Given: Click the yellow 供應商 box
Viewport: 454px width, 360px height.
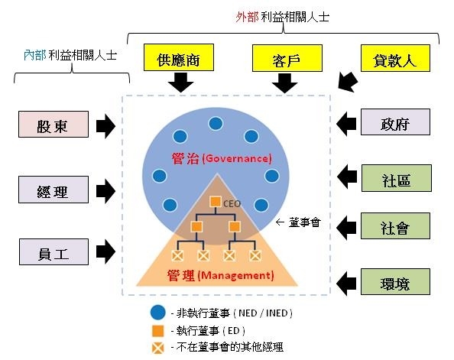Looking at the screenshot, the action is [x=179, y=57].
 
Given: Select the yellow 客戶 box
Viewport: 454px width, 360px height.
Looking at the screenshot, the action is [x=287, y=58].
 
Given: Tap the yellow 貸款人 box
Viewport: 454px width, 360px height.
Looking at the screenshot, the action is [x=395, y=58].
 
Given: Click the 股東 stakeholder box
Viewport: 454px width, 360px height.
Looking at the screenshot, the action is [x=54, y=124].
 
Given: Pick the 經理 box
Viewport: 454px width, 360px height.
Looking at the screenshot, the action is [x=54, y=190].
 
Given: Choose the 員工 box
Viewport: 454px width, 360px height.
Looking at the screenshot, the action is [x=54, y=251].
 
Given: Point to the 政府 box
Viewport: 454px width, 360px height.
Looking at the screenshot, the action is [x=395, y=122].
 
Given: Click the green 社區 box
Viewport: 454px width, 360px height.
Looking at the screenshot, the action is [x=397, y=178].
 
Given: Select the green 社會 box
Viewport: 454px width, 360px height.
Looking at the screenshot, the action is [x=395, y=226].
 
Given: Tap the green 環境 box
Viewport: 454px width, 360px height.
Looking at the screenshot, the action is [x=395, y=281].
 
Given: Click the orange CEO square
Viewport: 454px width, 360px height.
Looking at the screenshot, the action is [x=215, y=202].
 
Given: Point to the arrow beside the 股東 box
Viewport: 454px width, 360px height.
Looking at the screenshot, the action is [x=105, y=126].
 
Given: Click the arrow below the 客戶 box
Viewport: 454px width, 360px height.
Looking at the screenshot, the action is [x=284, y=83].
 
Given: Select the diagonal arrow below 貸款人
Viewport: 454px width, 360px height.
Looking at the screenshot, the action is [x=348, y=82].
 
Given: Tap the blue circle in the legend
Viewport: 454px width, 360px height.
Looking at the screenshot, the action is [x=157, y=313].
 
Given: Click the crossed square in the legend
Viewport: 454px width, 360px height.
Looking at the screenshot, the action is [x=157, y=348].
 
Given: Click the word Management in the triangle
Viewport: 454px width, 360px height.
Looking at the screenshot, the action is [x=237, y=275].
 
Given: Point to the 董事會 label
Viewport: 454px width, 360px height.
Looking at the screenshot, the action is [x=304, y=222].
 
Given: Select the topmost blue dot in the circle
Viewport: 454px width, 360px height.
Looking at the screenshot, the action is [x=216, y=124].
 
